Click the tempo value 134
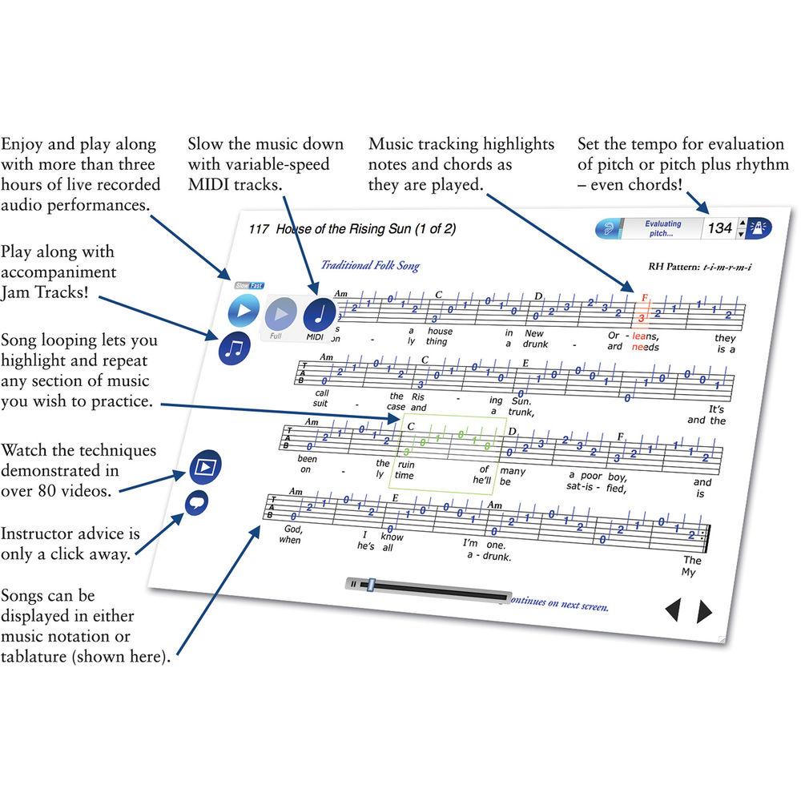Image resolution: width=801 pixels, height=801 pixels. [x=719, y=228]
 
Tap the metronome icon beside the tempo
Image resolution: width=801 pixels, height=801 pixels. [x=759, y=229]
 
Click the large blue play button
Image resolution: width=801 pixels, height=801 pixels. [x=244, y=310]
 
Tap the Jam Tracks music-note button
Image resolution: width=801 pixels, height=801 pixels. [x=235, y=348]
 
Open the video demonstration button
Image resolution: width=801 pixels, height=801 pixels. [x=205, y=467]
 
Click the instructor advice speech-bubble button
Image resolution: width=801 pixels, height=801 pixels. [x=196, y=503]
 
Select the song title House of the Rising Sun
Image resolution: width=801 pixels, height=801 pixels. [x=365, y=229]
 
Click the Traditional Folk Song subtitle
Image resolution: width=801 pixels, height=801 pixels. [x=370, y=266]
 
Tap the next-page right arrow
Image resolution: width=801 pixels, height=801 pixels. [x=704, y=612]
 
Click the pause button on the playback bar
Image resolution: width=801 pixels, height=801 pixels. [x=353, y=584]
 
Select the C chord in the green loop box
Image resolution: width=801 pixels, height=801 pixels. [x=411, y=427]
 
